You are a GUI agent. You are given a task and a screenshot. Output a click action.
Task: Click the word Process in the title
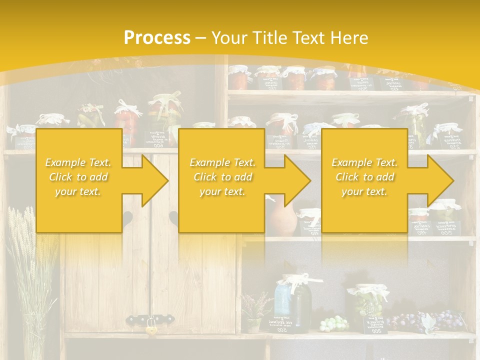pyautogui.click(x=157, y=38)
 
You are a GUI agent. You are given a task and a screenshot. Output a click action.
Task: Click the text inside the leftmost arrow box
pyautogui.click(x=78, y=177)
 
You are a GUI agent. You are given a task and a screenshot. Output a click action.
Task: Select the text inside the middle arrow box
pyautogui.click(x=222, y=177)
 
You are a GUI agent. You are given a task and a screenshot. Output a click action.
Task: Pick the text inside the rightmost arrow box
pyautogui.click(x=364, y=177)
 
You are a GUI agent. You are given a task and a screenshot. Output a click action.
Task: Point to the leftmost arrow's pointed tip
pyautogui.click(x=167, y=180)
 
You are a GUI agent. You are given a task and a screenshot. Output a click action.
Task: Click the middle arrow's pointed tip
pyautogui.click(x=309, y=180)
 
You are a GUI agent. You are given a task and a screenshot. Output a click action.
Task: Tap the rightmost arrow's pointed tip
pyautogui.click(x=452, y=180)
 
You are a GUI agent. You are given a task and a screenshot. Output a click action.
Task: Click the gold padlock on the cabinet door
pyautogui.click(x=150, y=329)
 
